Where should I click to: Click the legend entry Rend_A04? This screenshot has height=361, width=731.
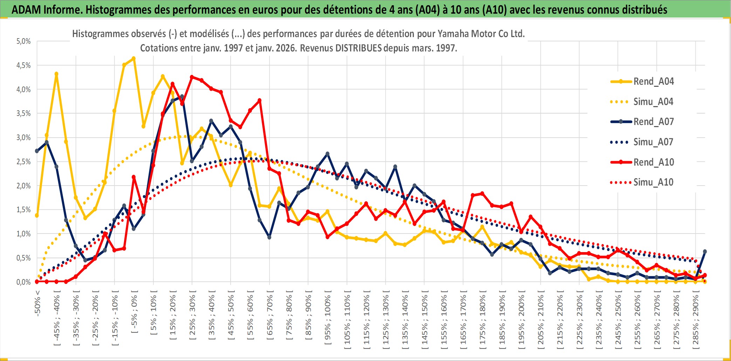653,82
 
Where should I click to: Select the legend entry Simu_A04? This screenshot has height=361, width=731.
653,102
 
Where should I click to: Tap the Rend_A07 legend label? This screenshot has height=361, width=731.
653,122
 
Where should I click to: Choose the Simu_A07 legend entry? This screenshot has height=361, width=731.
653,142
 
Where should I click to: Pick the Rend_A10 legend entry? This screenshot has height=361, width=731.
653,162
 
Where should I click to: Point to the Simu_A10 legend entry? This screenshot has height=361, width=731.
653,182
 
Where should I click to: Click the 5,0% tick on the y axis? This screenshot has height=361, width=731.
23,41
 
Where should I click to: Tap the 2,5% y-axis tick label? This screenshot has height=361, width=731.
23,162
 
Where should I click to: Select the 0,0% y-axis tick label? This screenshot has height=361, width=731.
23,282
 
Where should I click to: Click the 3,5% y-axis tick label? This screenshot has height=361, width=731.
23,113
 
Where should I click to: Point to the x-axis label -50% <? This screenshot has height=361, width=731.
37,303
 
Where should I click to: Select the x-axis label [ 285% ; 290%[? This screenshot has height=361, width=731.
696,319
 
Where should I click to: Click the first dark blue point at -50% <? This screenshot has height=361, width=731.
37,151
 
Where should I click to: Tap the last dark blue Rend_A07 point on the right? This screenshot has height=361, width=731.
705,251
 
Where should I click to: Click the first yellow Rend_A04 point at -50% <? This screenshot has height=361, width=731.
37,215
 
